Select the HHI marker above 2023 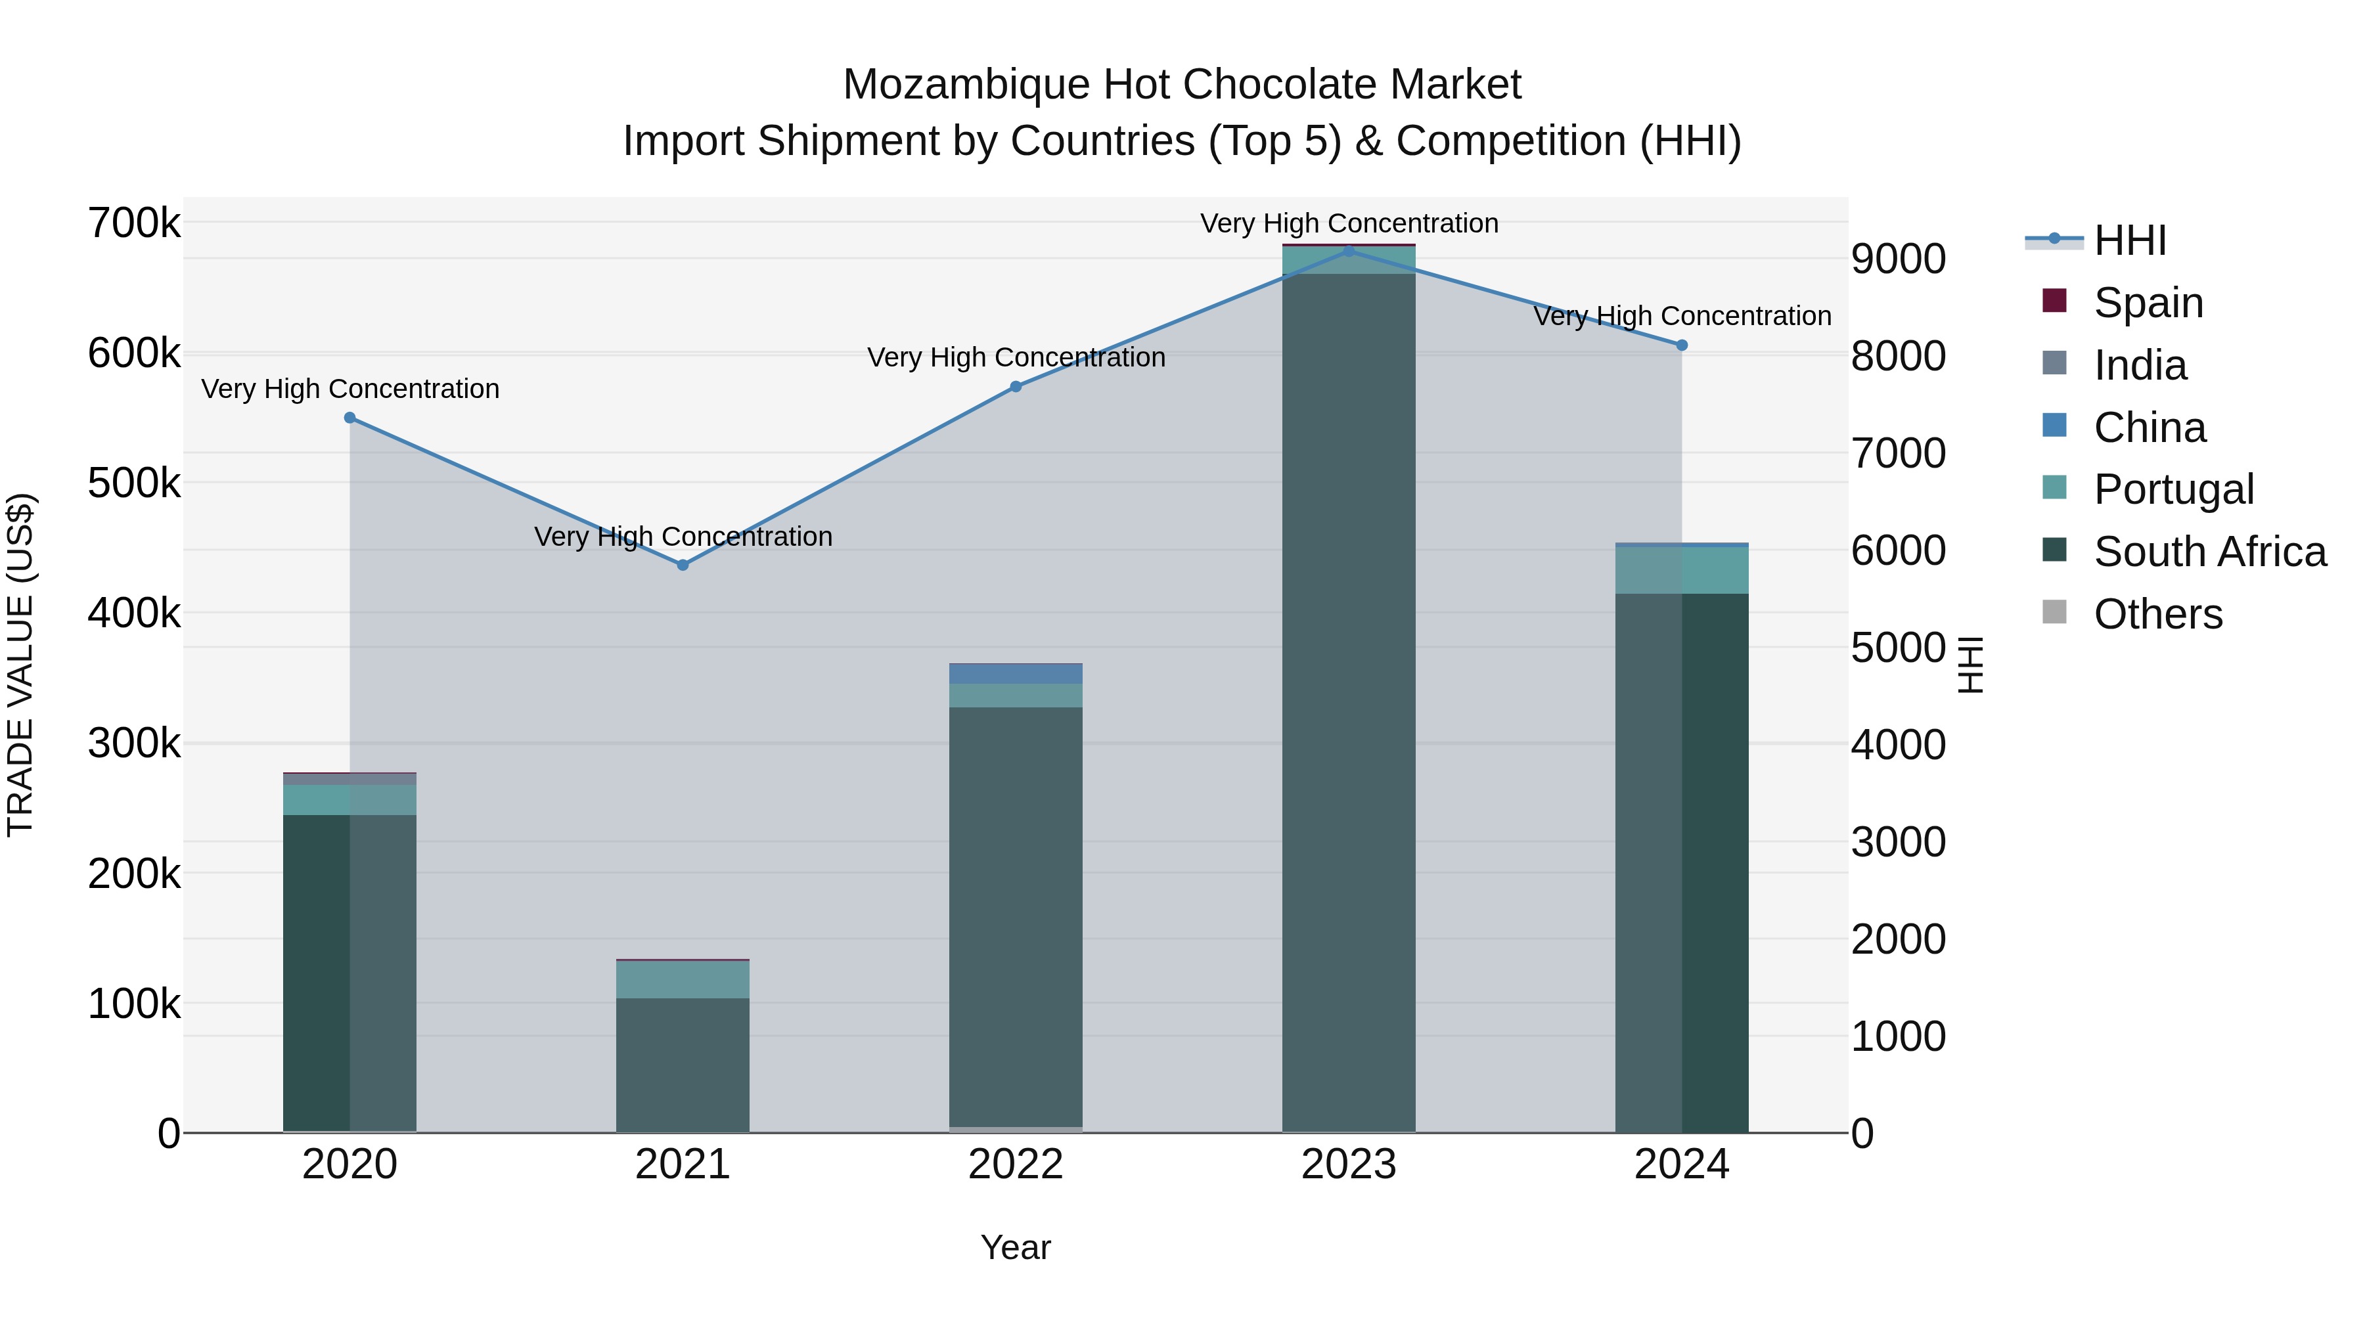click(x=1349, y=251)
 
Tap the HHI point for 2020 click(x=349, y=418)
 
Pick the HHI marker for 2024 click(x=1682, y=345)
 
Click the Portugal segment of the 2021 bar click(x=682, y=979)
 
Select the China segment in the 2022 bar click(x=1016, y=674)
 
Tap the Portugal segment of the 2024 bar click(x=1682, y=570)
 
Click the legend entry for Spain click(x=2148, y=302)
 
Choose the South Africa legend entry click(x=2209, y=552)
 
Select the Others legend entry click(x=2157, y=614)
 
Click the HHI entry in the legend click(x=2129, y=240)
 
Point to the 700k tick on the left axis click(x=134, y=223)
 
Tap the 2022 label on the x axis click(x=1016, y=1164)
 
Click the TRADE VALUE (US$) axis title click(x=20, y=665)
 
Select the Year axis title click(x=1016, y=1247)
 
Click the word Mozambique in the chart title click(x=966, y=85)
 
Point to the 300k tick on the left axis click(x=134, y=743)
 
